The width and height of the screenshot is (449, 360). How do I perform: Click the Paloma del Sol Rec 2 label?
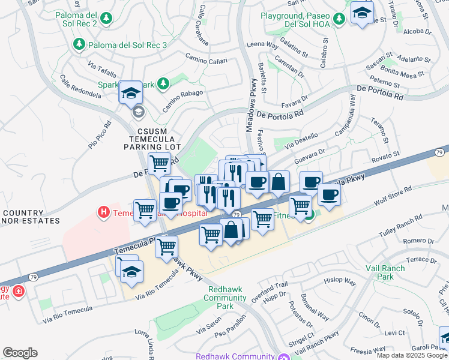click(x=76, y=19)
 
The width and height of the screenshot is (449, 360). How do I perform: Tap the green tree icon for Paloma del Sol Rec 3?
click(x=78, y=44)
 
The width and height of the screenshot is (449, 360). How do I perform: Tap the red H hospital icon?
click(x=103, y=212)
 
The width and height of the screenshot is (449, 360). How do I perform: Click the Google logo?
click(x=20, y=352)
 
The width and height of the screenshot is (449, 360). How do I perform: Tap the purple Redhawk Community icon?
click(x=282, y=356)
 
